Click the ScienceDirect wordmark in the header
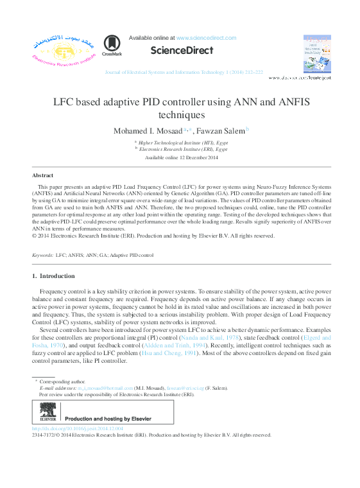click(182, 51)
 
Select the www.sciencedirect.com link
click(206, 39)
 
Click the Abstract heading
click(42, 175)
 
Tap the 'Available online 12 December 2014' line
click(182, 157)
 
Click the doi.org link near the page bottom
click(77, 428)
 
